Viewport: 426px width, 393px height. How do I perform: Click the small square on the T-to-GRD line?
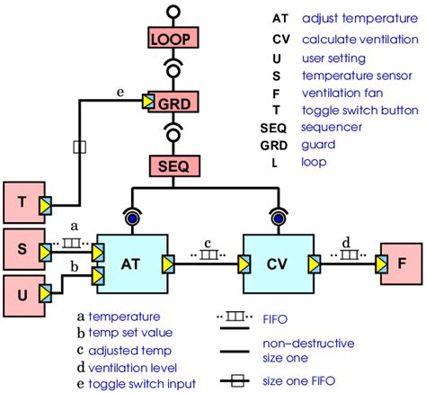tap(79, 145)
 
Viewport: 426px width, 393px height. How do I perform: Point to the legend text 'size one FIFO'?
tap(299, 382)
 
